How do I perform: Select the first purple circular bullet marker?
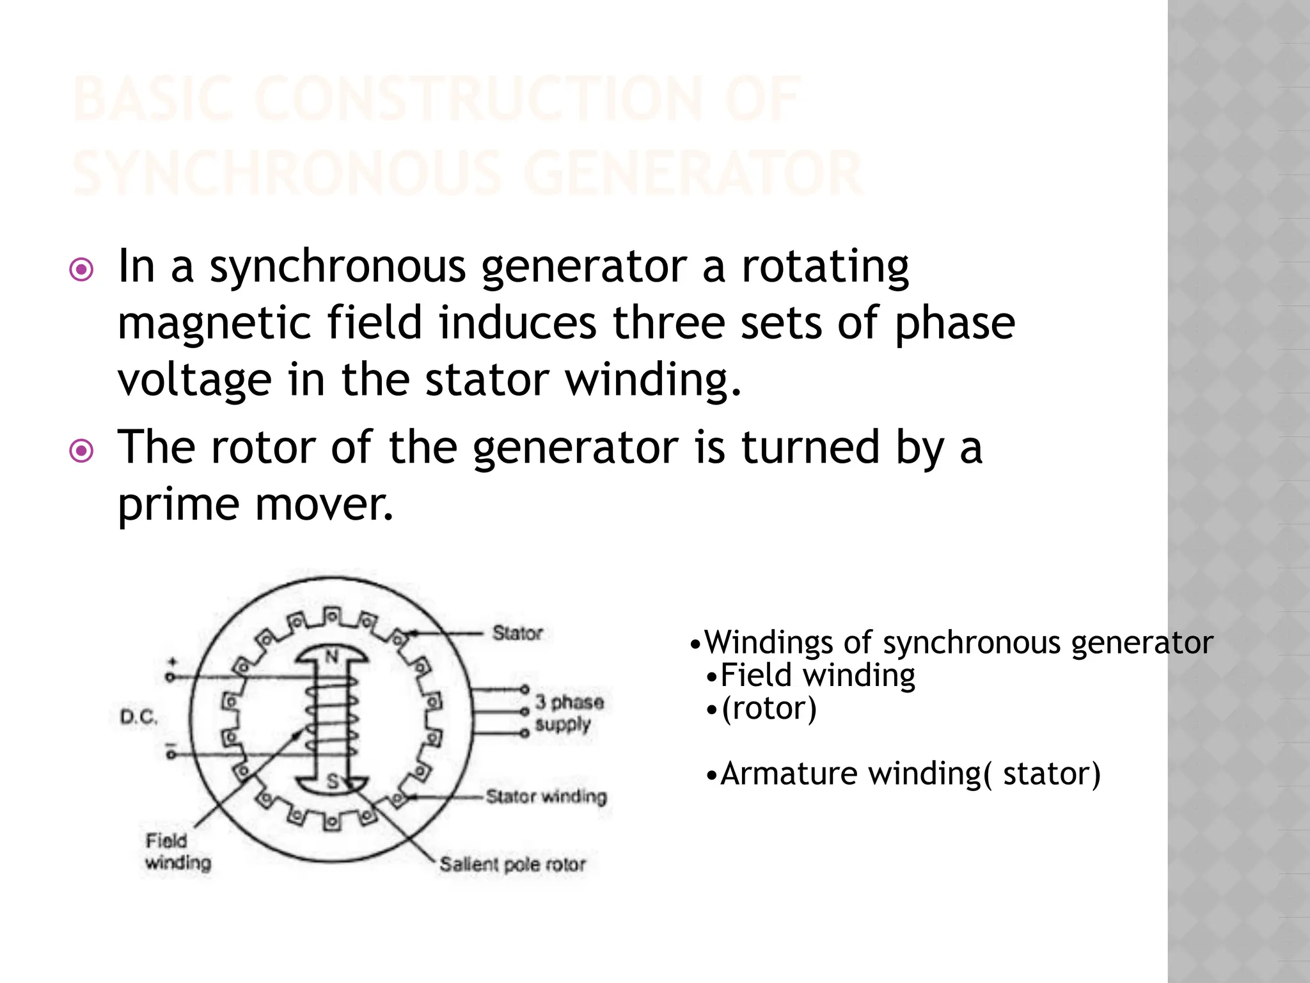81,271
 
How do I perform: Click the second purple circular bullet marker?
81,452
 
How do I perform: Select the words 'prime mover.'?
255,504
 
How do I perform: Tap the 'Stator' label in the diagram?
517,634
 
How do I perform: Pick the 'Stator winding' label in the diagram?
546,797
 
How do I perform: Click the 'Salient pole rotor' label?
512,865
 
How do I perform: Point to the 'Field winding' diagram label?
177,852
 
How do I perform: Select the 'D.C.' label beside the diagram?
138,717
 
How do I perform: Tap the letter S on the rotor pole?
332,781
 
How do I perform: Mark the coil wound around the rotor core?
331,717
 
